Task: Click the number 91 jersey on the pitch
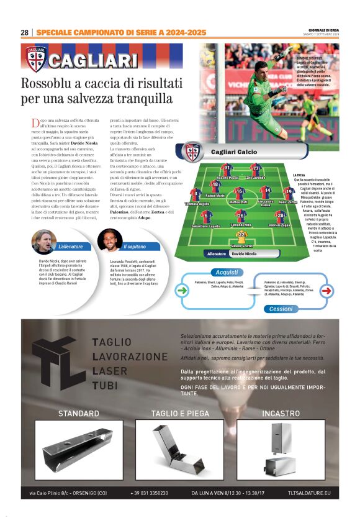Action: (227, 168)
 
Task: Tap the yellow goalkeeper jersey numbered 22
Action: (241, 236)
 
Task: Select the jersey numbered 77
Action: (255, 168)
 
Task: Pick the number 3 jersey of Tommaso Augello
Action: (196, 194)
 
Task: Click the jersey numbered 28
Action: (280, 215)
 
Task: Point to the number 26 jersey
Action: (241, 215)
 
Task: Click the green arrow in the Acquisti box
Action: (182, 289)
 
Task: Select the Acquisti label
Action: (228, 272)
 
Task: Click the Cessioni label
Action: (281, 309)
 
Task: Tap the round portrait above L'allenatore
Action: (43, 241)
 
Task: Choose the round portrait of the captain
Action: (109, 240)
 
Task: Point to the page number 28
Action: (24, 32)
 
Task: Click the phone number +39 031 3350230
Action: (149, 493)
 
